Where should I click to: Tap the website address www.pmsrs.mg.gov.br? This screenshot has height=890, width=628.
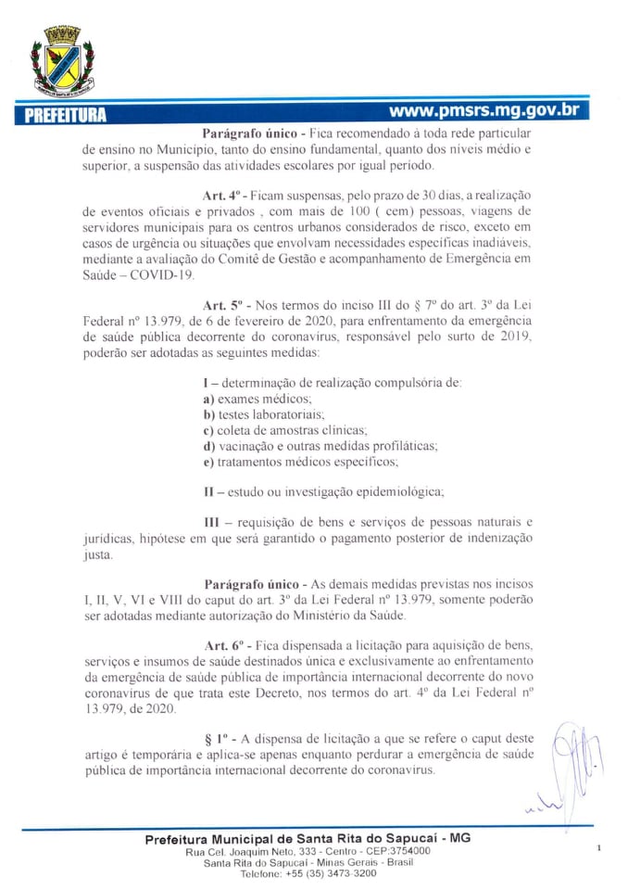(x=484, y=109)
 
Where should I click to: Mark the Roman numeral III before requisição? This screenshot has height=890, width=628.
(x=211, y=522)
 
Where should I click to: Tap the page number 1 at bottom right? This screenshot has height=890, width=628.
(x=599, y=847)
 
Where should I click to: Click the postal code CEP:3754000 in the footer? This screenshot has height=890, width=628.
(x=392, y=850)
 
